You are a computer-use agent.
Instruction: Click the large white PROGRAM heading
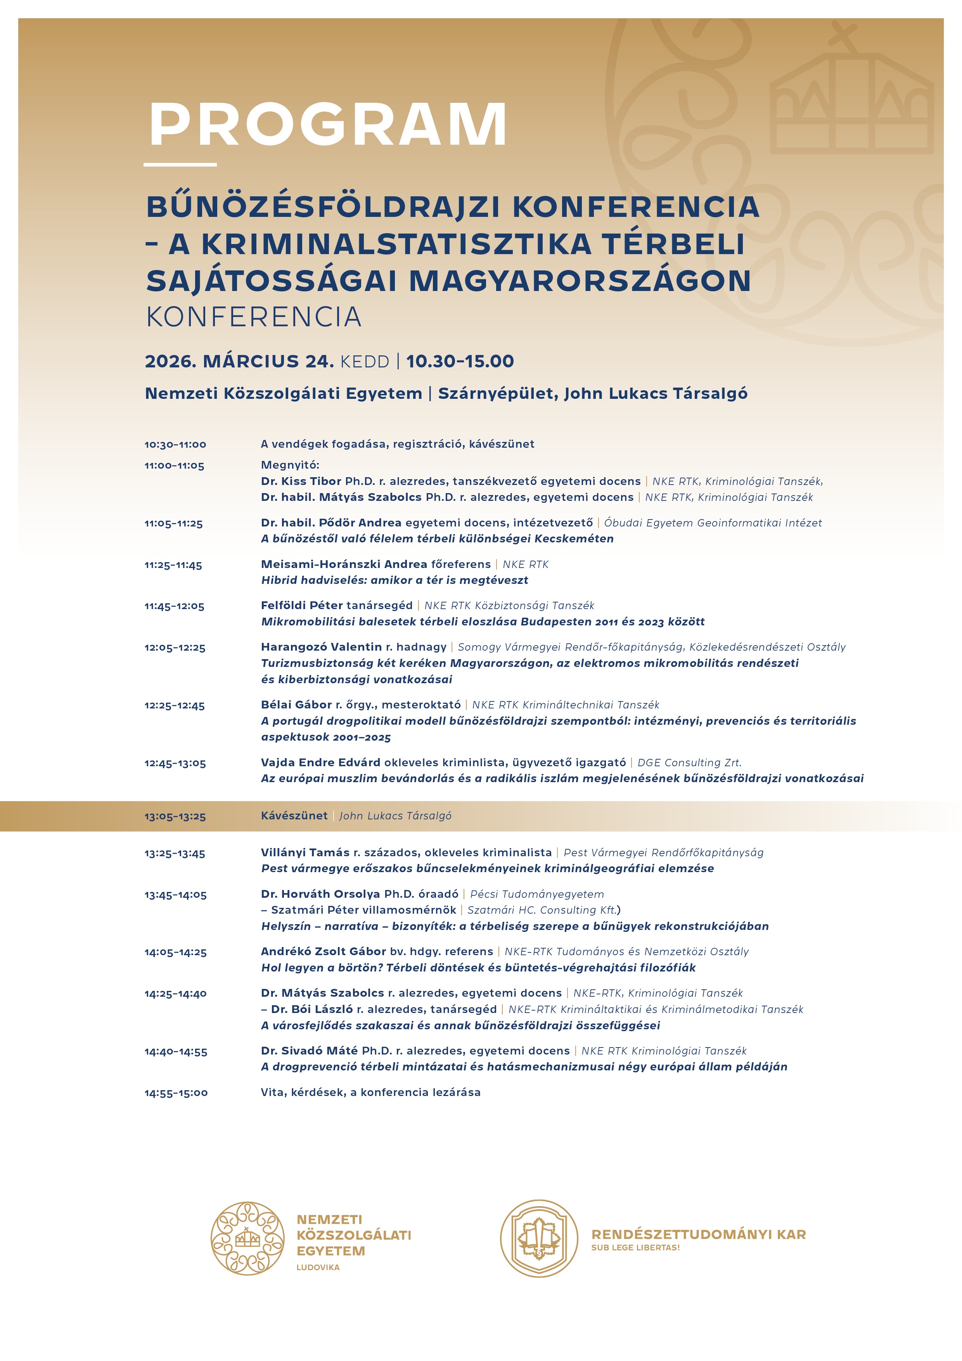click(x=328, y=125)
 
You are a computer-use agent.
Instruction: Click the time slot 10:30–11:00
click(x=175, y=445)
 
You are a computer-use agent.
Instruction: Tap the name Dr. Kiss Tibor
click(x=301, y=481)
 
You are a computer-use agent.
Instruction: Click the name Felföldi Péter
click(x=302, y=605)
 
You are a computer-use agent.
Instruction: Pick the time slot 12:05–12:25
click(x=175, y=648)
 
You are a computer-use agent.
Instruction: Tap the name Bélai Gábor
click(x=296, y=705)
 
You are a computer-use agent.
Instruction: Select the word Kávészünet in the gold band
click(x=294, y=816)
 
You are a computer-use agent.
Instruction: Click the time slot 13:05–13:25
click(x=175, y=817)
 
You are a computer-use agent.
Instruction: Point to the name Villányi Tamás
click(x=305, y=852)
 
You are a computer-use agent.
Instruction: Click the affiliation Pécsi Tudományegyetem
click(x=537, y=894)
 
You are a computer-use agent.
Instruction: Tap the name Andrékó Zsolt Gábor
click(x=323, y=951)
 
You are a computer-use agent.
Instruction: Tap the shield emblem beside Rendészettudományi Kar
click(x=539, y=1238)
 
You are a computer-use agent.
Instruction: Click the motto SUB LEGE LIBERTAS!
click(x=635, y=1248)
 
